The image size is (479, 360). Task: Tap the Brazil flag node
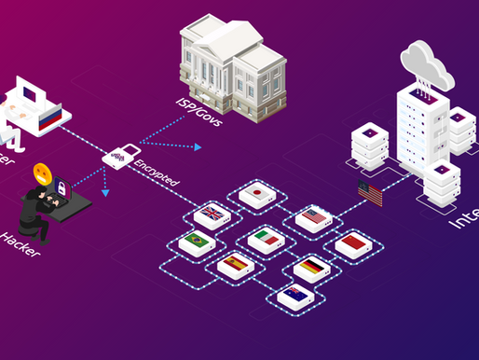[197, 240]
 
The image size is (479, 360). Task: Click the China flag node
[351, 244]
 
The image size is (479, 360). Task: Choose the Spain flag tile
[235, 265]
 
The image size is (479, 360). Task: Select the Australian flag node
[294, 296]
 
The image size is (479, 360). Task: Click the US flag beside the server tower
[370, 195]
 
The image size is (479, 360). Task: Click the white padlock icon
[120, 152]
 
